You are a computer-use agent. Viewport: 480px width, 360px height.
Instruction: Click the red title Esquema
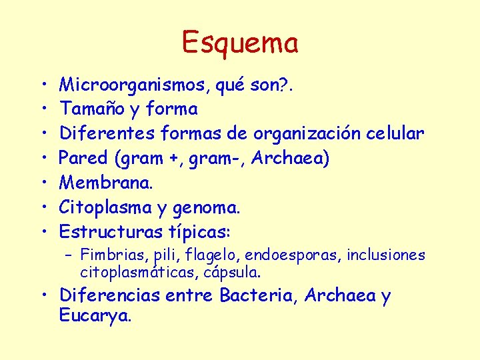click(x=240, y=43)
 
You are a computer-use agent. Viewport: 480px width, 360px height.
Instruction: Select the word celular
click(x=395, y=133)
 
